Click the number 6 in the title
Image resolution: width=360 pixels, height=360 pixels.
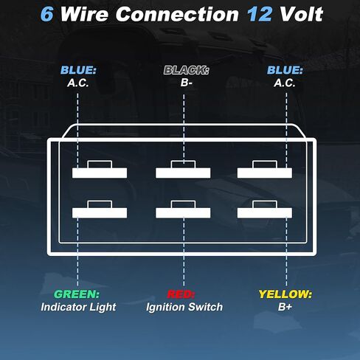46,14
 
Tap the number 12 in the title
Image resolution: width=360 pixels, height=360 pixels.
260,14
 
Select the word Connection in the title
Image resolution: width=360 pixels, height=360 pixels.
177,14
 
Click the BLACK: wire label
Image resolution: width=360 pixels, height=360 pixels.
187,70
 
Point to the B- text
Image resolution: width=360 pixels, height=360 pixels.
186,83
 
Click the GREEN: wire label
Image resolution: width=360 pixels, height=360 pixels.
77,294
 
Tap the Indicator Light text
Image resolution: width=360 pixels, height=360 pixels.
78,307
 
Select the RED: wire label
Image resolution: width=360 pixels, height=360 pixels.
181,294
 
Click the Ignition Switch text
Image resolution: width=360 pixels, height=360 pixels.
184,307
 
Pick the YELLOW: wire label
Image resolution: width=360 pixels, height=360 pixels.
285,294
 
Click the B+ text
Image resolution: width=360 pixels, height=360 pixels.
285,307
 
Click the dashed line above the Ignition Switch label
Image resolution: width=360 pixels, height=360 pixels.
184,252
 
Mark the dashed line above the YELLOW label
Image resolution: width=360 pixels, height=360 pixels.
286,252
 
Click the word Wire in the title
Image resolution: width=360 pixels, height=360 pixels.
84,14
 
